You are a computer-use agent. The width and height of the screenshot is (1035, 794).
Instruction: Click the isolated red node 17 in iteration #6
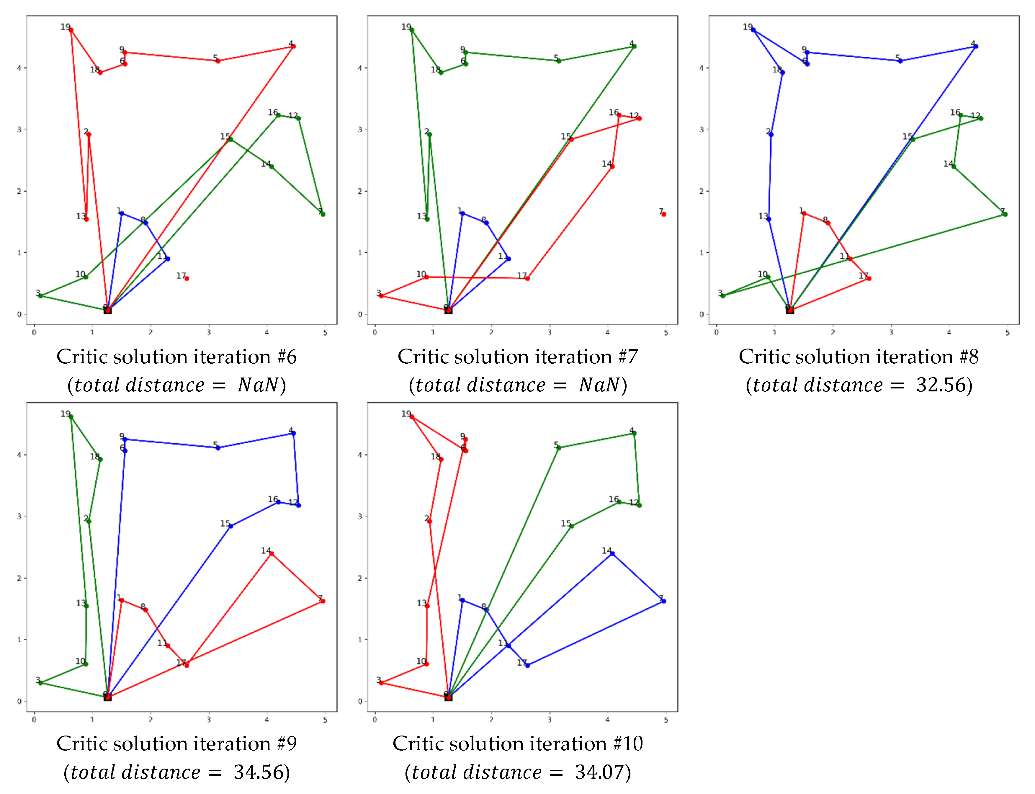(x=187, y=278)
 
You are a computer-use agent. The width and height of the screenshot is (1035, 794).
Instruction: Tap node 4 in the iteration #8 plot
(x=975, y=46)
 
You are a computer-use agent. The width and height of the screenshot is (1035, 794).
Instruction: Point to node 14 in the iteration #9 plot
(x=271, y=553)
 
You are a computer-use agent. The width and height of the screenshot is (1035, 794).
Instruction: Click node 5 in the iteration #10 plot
(x=559, y=447)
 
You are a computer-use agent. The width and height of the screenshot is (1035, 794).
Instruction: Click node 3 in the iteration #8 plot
(x=722, y=296)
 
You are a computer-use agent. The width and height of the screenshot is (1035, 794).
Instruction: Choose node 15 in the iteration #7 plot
(x=571, y=139)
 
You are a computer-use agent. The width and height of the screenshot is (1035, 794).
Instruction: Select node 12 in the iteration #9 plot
(x=299, y=505)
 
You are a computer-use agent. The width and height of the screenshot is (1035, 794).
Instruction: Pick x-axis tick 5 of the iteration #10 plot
(x=666, y=720)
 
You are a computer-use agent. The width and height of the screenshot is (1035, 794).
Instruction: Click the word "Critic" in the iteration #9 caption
(x=84, y=744)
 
